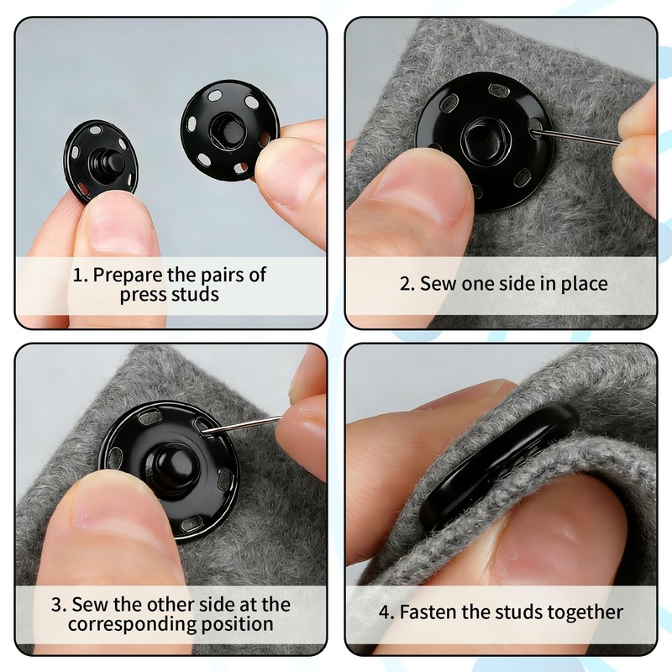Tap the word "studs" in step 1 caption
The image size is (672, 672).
click(195, 294)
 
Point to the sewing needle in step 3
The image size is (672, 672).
click(244, 426)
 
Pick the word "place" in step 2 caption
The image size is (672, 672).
click(584, 285)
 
